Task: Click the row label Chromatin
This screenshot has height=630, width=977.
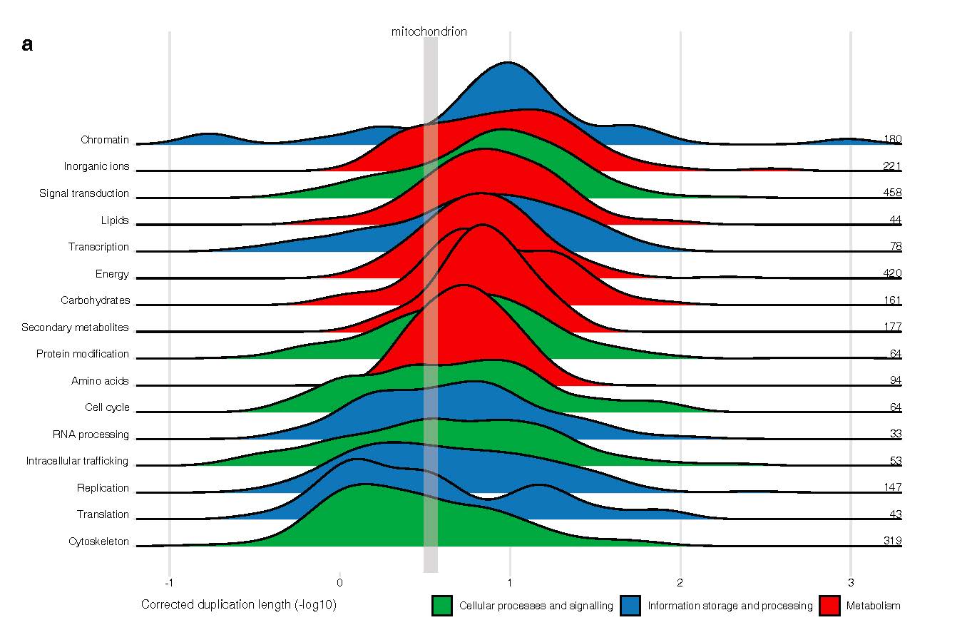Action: (105, 140)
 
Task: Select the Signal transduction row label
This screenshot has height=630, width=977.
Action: (84, 193)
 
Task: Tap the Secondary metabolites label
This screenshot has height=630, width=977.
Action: (75, 327)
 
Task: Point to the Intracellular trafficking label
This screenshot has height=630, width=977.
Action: (77, 461)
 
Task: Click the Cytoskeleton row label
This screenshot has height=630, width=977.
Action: (98, 542)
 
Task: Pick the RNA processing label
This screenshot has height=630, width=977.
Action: (91, 435)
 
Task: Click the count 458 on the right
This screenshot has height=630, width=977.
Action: (892, 193)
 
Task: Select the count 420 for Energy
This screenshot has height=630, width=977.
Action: (892, 273)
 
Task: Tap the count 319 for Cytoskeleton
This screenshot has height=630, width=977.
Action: (892, 541)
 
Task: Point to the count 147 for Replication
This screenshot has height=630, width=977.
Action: (892, 487)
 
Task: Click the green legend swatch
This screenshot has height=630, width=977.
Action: (442, 606)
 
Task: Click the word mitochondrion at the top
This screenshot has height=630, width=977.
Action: (429, 32)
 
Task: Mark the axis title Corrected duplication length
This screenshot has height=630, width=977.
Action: (238, 605)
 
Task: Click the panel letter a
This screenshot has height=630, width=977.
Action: (28, 45)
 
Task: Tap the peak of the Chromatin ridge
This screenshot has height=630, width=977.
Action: (507, 63)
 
